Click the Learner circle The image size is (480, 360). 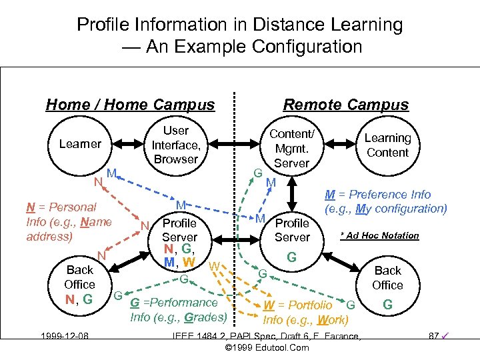tap(80, 144)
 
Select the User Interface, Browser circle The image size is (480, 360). tap(176, 145)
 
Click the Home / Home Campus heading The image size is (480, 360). tap(130, 105)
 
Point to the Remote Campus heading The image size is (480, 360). tap(346, 105)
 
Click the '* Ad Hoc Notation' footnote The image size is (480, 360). tap(379, 235)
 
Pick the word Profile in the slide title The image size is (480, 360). tap(99, 25)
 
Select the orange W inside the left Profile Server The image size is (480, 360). tap(189, 262)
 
